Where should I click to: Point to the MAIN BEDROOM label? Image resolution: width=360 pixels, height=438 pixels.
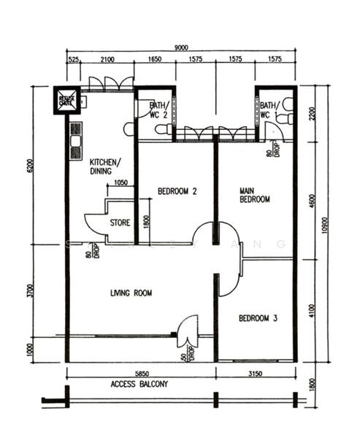click(255, 195)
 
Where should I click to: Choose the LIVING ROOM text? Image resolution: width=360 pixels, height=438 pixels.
click(131, 293)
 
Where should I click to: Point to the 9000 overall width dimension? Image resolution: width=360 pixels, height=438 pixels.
click(180, 47)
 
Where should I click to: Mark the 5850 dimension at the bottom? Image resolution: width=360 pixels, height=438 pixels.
click(141, 373)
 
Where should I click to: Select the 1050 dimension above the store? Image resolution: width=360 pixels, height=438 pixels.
click(121, 183)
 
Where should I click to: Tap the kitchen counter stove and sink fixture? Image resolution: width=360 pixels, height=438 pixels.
click(73, 141)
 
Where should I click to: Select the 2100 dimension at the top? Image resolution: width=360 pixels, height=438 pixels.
click(106, 59)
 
